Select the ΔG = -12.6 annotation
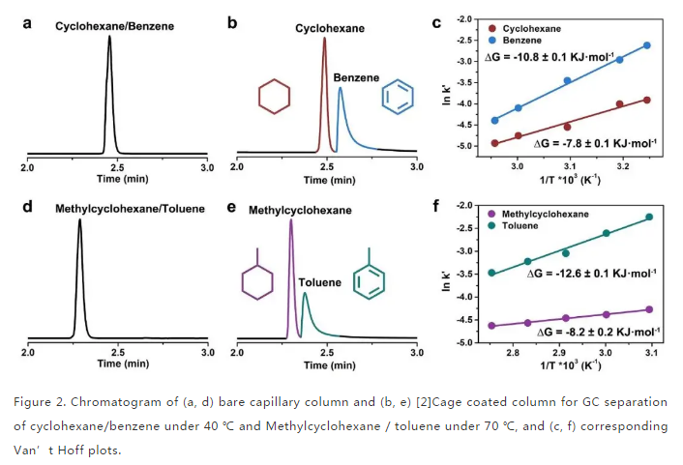(577, 275)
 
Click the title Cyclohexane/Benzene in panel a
(115, 26)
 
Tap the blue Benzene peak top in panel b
(340, 89)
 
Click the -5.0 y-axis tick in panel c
(471, 147)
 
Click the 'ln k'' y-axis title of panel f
(454, 274)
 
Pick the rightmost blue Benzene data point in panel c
(646, 45)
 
